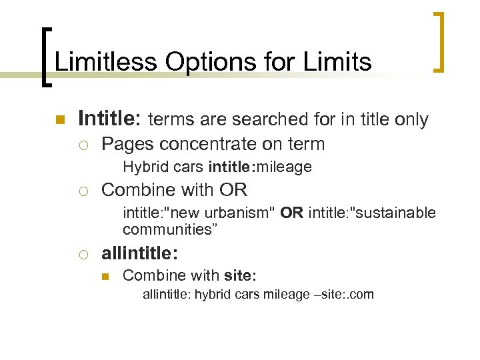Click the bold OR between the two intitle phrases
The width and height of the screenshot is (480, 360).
tap(292, 213)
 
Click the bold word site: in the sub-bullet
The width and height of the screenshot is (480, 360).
tap(240, 275)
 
